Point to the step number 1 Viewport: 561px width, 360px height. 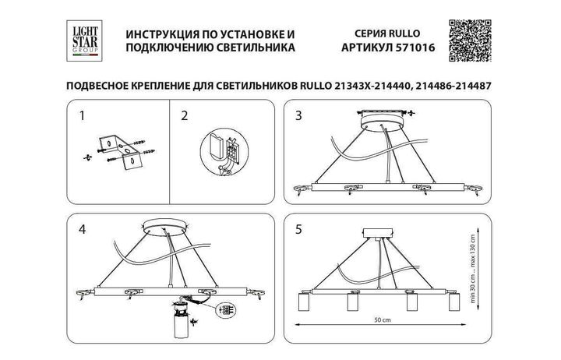(81, 117)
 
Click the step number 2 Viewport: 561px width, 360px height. (184, 117)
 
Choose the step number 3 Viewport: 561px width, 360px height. (298, 117)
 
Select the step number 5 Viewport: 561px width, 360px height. (298, 231)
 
